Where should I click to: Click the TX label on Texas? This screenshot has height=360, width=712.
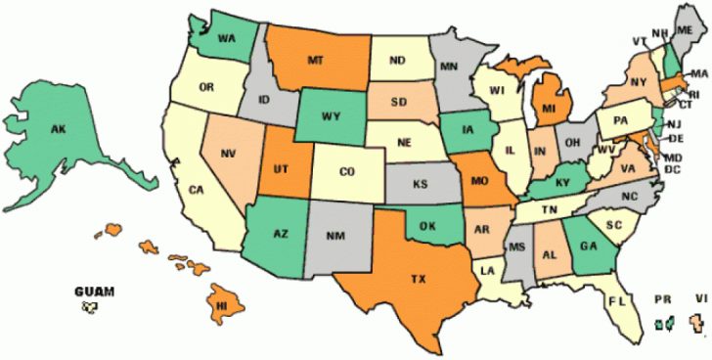[x=418, y=280]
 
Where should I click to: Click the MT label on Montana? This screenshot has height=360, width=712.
[x=315, y=61]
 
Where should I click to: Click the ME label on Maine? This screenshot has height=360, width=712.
[x=684, y=32]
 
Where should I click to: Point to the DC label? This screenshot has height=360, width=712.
[x=672, y=170]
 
